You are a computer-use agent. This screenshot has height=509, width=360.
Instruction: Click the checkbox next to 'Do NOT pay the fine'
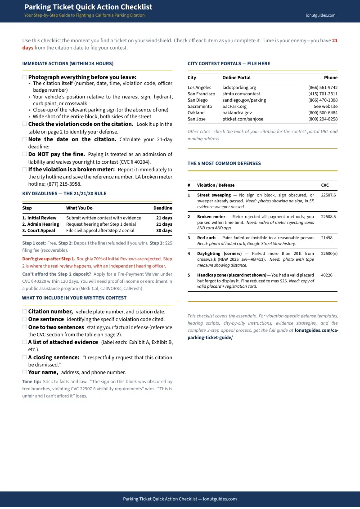[25, 154]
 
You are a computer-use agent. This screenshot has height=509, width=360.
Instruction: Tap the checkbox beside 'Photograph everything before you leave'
[25, 77]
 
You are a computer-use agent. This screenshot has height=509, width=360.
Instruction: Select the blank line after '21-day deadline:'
[76, 147]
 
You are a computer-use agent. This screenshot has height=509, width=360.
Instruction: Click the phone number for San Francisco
[323, 94]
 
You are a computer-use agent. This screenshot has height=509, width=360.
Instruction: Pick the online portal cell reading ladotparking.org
[239, 88]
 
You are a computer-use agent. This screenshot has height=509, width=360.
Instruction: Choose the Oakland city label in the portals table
[196, 113]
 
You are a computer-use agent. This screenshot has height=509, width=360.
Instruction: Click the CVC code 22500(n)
[329, 254]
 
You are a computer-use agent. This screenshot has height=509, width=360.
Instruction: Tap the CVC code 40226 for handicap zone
[327, 275]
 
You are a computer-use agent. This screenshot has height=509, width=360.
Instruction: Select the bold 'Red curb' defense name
[206, 238]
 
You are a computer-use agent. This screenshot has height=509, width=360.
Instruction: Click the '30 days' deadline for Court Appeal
[164, 231]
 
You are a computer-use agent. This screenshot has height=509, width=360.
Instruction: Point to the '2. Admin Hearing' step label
[40, 224]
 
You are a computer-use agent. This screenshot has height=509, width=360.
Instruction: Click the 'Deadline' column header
[162, 208]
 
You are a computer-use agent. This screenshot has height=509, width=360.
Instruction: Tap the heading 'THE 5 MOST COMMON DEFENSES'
[224, 164]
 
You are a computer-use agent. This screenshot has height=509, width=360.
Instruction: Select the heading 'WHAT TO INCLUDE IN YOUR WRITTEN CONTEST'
[74, 298]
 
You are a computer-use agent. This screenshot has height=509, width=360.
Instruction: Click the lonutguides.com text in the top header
[320, 15]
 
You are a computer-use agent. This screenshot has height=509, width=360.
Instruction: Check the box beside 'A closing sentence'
[25, 357]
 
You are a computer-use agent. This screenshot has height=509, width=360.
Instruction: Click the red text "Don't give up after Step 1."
[49, 259]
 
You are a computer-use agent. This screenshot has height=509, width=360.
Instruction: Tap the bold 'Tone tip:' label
[31, 381]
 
